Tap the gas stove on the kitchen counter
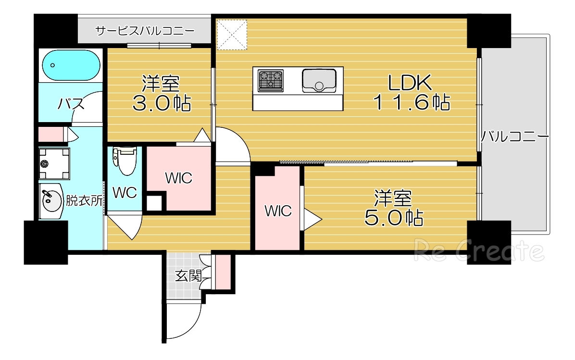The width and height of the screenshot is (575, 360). (271, 80)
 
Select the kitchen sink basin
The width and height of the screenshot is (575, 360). (319, 80)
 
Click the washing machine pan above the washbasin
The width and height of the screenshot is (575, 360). (54, 164)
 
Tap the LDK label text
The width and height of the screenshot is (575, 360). (410, 83)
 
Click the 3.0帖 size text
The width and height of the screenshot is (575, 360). (161, 103)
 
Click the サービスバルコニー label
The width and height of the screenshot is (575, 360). (145, 31)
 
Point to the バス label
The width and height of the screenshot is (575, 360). (72, 104)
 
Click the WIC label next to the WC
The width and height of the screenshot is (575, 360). (179, 178)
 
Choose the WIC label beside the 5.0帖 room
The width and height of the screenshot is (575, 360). (278, 211)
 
